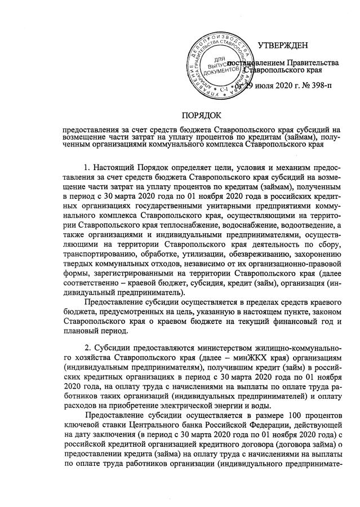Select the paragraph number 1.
click(86, 168)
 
